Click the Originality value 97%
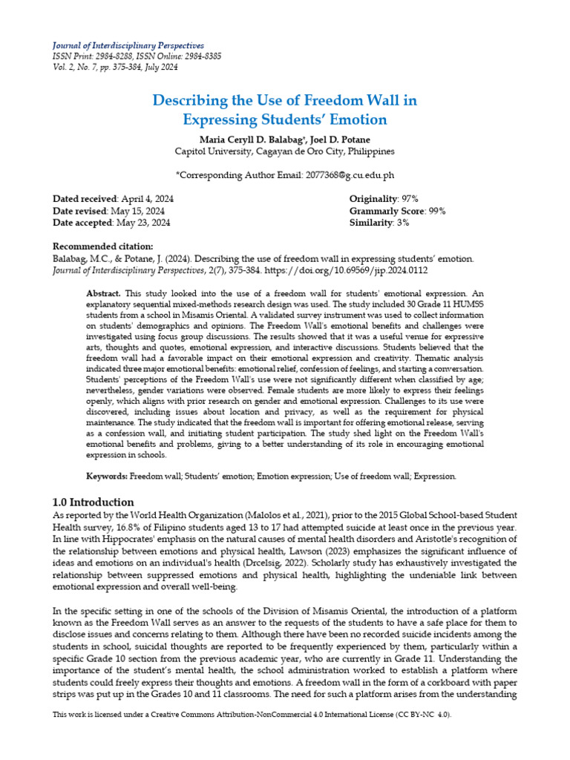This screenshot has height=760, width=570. pyautogui.click(x=408, y=199)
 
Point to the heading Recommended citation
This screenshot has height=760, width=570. pyautogui.click(x=103, y=247)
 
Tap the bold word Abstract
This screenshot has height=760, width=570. pyautogui.click(x=102, y=294)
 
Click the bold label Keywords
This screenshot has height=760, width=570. pyautogui.click(x=107, y=476)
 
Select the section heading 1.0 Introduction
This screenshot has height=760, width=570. pyautogui.click(x=94, y=502)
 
